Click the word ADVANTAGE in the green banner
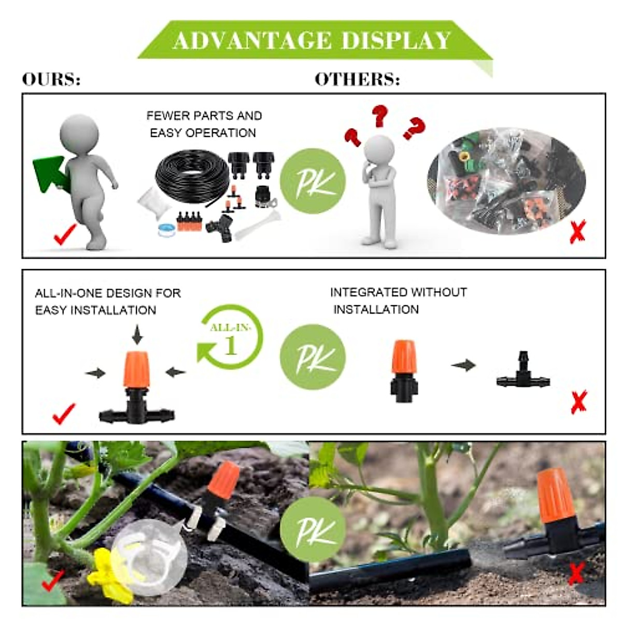tap(252, 40)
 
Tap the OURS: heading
tap(51, 79)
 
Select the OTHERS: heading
tap(357, 79)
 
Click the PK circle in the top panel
tap(313, 181)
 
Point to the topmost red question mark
tap(380, 115)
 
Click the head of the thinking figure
tap(379, 150)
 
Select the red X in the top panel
tap(577, 231)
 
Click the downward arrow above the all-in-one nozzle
tap(137, 334)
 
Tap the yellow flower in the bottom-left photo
tap(110, 574)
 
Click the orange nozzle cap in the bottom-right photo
tap(556, 496)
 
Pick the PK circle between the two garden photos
tap(313, 529)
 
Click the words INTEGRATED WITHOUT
tap(398, 292)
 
